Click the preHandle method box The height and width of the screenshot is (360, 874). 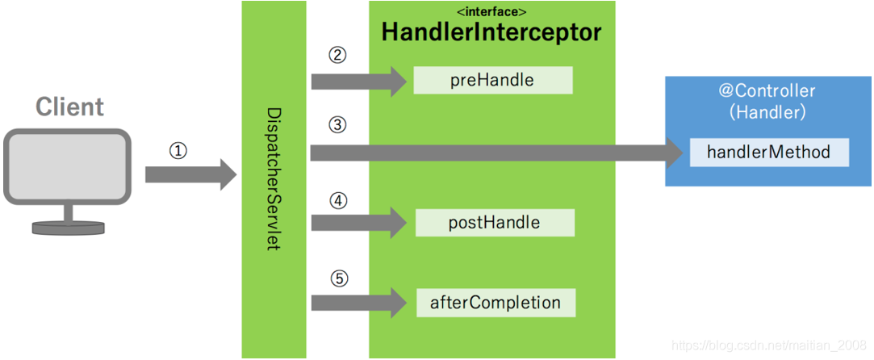492,80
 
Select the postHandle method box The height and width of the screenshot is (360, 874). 494,223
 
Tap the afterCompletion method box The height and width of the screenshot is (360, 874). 496,303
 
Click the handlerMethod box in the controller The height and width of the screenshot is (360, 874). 768,152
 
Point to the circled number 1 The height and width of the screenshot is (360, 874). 178,151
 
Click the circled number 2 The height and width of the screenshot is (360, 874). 337,56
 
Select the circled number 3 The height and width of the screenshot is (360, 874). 337,125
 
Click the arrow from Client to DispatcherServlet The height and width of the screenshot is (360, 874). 190,174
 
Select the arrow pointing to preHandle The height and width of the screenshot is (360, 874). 360,81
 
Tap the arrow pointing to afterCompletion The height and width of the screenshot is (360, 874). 360,303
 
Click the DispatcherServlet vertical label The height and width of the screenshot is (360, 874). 274,178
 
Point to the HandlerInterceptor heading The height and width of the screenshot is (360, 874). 491,33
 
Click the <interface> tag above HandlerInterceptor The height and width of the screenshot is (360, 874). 491,12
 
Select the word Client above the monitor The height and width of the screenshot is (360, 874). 69,107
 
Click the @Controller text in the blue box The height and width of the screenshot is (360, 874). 767,91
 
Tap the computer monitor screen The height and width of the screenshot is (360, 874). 67,166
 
